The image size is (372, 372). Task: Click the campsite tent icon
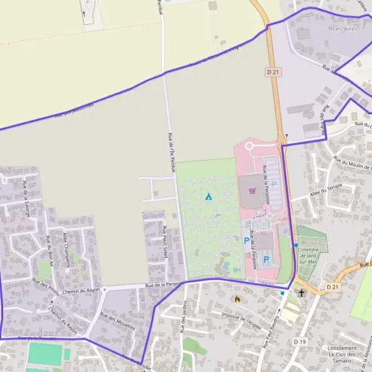coord(208,197)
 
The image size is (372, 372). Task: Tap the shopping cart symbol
coord(251,190)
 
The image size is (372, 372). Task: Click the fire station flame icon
coord(236,299)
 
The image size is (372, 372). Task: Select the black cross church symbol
coord(302,293)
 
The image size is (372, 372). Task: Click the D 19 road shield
coord(300,342)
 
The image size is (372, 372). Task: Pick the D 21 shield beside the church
coord(333,287)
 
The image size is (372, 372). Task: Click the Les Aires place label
coord(345,29)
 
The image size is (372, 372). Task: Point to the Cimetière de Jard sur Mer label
coord(311,255)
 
